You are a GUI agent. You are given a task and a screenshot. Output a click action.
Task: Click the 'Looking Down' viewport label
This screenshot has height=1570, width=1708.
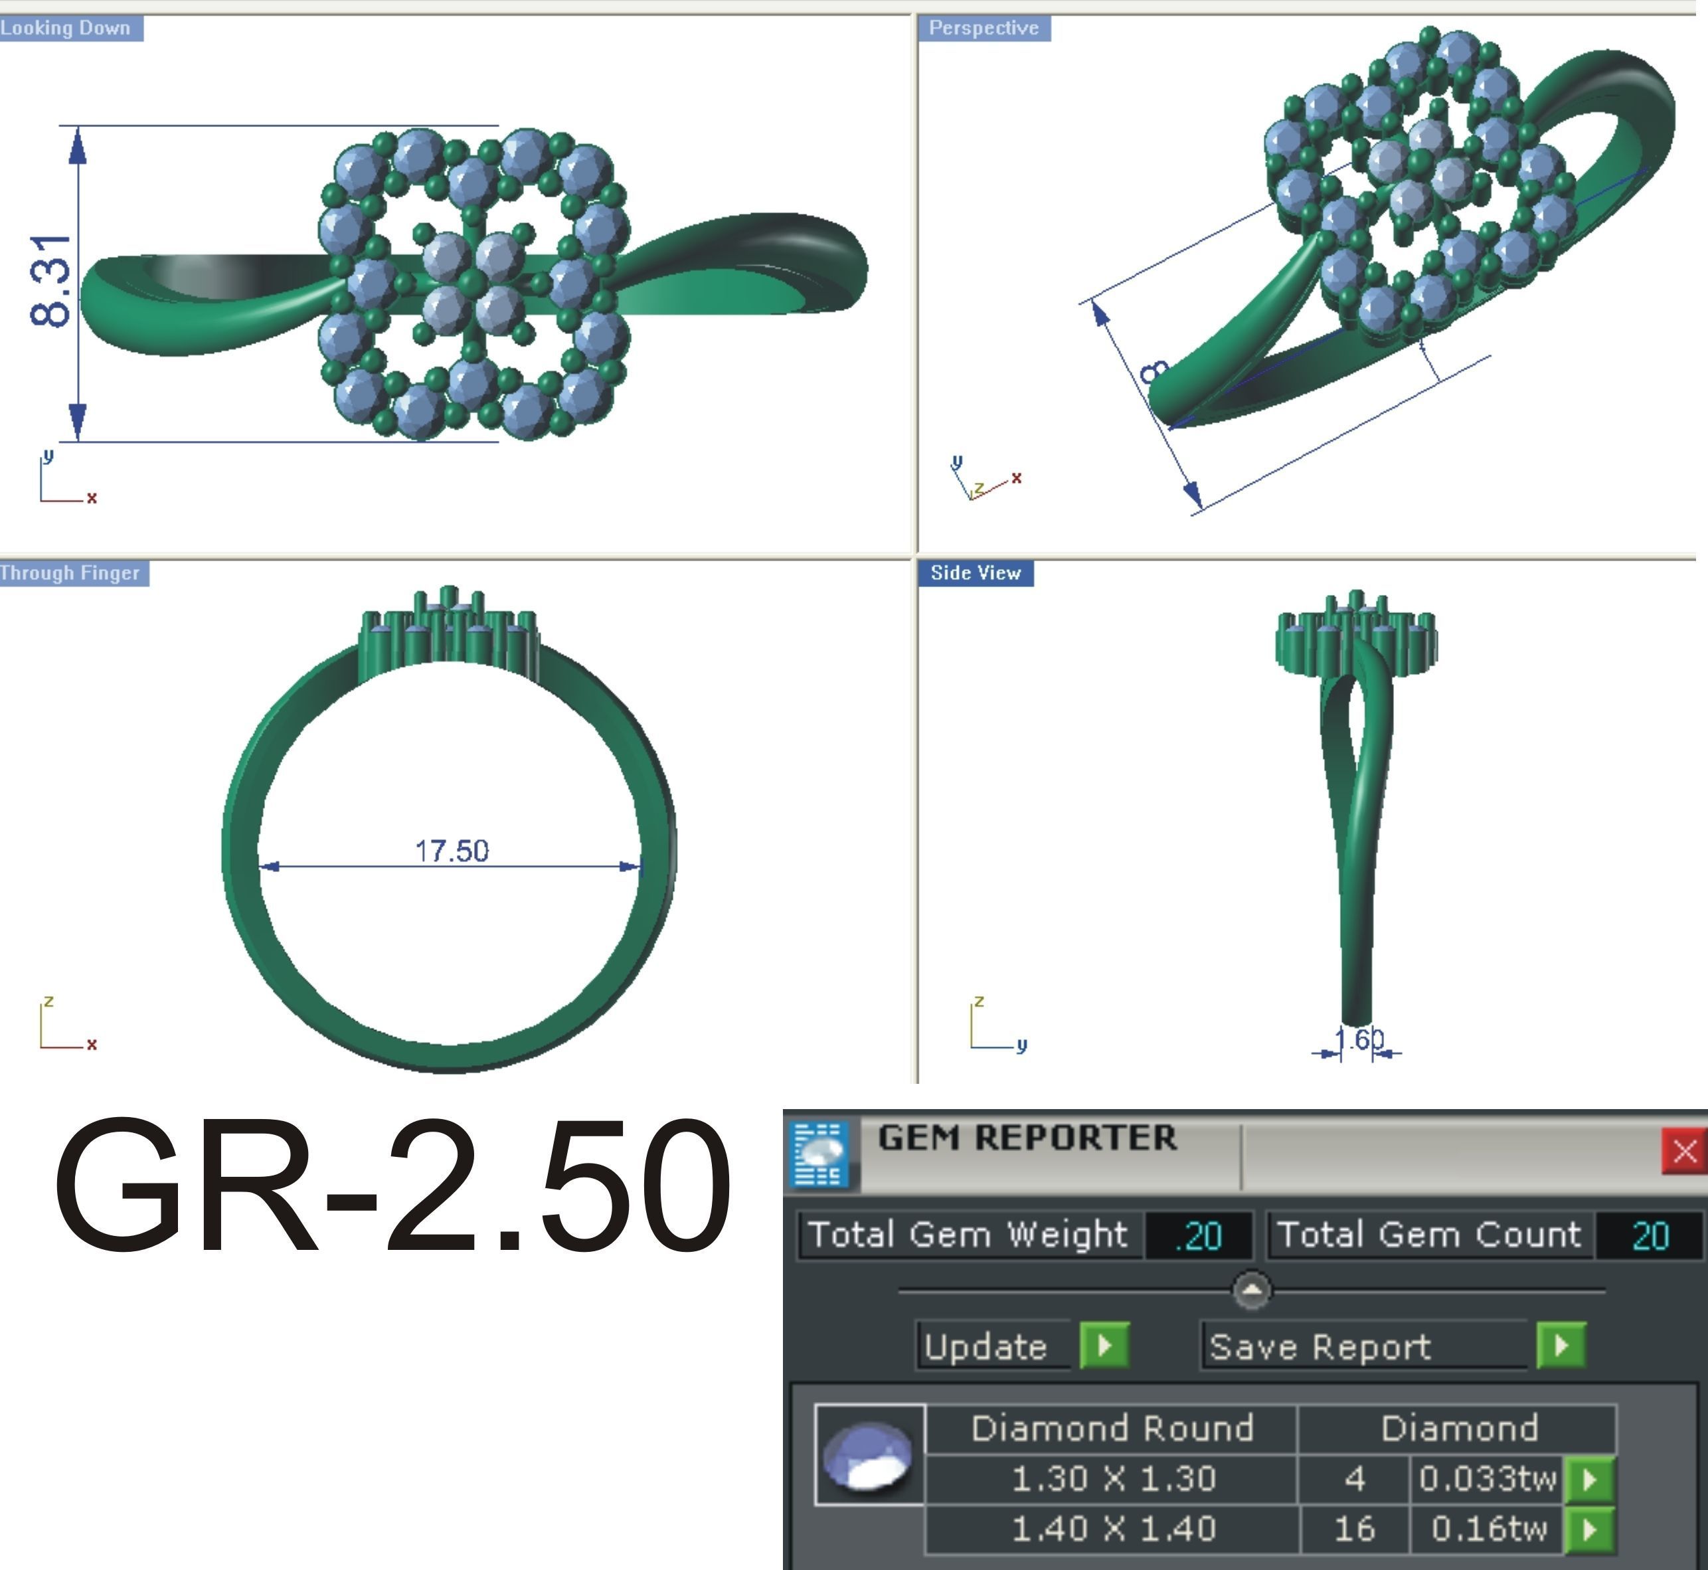coord(66,28)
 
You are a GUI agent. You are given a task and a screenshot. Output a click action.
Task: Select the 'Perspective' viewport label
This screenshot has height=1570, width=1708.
coord(983,28)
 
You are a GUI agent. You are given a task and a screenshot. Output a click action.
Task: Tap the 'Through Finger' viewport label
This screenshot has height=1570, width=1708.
coord(70,573)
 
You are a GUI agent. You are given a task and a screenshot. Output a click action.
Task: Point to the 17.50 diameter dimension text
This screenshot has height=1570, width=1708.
coord(452,850)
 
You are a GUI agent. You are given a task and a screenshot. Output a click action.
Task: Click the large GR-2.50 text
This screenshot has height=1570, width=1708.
coord(392,1187)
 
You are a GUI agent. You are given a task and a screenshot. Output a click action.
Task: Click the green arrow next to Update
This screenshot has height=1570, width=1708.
coord(1104,1346)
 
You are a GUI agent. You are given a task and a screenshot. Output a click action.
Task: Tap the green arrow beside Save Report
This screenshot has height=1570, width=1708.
coord(1561,1346)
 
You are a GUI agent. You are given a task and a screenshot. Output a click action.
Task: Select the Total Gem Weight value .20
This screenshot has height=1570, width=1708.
coord(1199,1236)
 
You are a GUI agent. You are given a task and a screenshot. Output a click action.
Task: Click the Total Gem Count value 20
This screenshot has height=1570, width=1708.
coord(1650,1236)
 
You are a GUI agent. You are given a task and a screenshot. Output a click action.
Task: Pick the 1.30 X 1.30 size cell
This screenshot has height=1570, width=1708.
coord(1114,1479)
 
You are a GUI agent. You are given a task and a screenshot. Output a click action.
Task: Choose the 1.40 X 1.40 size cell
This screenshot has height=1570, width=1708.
coord(1114,1529)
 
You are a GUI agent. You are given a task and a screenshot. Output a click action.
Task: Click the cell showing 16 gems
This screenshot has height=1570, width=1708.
coord(1354,1529)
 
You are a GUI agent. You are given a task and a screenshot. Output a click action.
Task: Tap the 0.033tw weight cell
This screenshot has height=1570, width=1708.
coord(1487,1479)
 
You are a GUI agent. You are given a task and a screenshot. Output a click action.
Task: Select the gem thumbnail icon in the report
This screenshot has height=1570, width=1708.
coord(869,1455)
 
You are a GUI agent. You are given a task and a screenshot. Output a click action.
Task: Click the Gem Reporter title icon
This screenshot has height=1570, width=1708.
coord(820,1154)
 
